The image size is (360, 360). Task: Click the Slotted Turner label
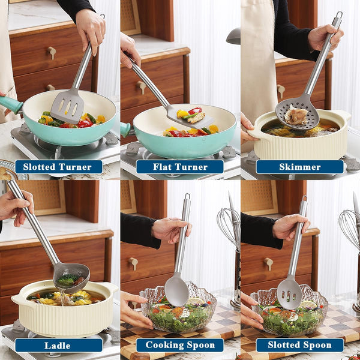click(59, 167)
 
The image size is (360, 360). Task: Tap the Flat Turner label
click(180, 167)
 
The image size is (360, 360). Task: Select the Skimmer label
click(300, 167)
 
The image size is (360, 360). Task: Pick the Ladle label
click(59, 345)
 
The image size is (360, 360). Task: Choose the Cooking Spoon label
click(180, 345)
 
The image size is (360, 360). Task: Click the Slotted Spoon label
click(300, 345)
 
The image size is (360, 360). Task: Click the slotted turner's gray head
click(67, 106)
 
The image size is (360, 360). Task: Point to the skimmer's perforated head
click(298, 113)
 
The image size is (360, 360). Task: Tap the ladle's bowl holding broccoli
click(71, 278)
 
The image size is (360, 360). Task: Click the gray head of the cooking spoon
click(177, 290)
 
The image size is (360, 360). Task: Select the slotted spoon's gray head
click(289, 293)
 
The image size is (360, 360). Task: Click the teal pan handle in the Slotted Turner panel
click(11, 104)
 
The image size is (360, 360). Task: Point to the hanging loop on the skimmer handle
click(340, 15)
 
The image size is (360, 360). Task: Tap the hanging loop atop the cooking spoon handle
click(188, 196)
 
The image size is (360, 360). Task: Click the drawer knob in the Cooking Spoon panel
click(133, 263)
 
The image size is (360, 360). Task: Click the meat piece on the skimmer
click(296, 115)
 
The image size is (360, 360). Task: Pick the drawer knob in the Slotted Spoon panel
click(268, 263)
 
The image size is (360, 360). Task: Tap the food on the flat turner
click(191, 115)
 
